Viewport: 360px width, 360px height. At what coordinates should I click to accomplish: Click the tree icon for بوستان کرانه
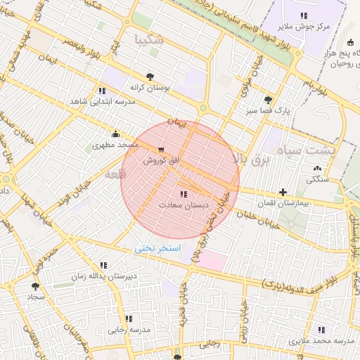pos(149,77)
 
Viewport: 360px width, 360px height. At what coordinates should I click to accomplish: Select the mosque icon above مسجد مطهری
pos(115,134)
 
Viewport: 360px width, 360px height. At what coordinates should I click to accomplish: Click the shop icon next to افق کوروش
pos(162,150)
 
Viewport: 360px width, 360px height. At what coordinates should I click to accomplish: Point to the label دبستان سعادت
pos(184,205)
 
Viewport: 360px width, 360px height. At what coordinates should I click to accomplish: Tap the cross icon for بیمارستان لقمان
pos(283,192)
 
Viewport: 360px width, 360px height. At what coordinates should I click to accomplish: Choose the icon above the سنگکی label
pos(316,168)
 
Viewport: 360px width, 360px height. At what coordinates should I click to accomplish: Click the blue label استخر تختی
pos(157,249)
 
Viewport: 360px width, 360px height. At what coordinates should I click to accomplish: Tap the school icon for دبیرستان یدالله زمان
pos(103,265)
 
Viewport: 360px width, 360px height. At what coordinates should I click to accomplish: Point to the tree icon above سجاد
pos(35,286)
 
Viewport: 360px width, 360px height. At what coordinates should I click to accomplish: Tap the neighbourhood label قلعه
pos(113,172)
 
